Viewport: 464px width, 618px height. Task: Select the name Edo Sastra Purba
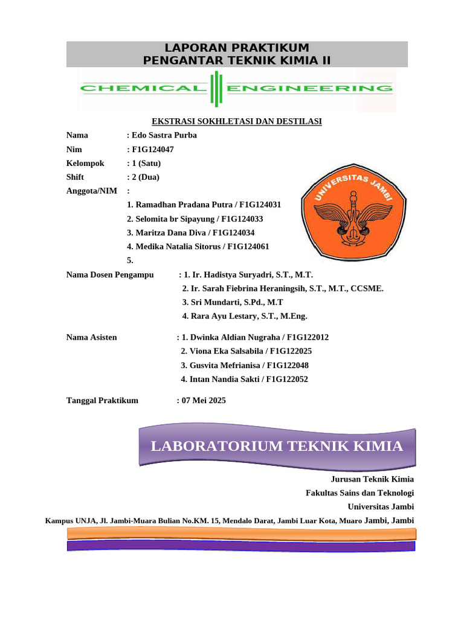[164, 135]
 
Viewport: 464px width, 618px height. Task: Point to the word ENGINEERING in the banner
[310, 89]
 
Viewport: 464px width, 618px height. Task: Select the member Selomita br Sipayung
[170, 219]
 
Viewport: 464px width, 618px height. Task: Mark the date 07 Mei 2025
[204, 400]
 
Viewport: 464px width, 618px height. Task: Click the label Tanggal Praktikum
[102, 400]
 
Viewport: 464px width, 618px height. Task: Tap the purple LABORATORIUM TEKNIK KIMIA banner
[277, 447]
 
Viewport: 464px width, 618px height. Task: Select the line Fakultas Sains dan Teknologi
[360, 493]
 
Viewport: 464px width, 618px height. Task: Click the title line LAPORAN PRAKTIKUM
[237, 48]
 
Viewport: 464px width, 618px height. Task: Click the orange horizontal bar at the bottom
[241, 533]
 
